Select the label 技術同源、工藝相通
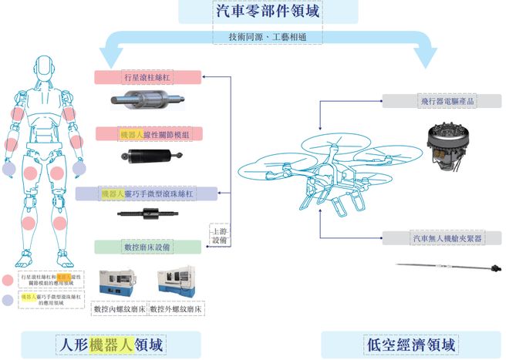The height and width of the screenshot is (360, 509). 254,36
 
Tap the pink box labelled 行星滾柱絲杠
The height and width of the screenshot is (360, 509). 147,77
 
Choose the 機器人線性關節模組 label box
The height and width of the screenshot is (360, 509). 147,134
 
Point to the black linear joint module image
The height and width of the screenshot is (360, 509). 147,157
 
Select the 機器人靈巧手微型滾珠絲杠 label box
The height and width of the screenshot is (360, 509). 148,193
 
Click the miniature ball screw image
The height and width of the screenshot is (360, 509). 148,215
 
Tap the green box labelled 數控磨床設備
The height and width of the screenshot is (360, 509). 147,247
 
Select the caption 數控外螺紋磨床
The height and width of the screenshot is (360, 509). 177,309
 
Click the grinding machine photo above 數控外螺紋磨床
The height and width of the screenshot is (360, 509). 177,284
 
